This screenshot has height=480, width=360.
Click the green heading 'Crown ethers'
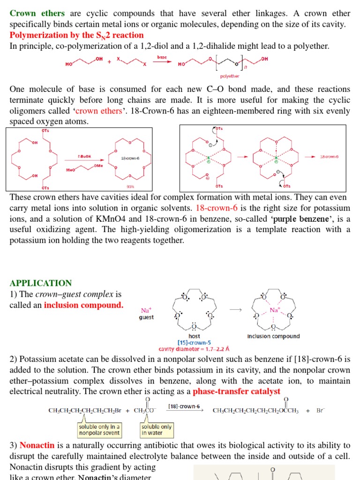pos(37,13)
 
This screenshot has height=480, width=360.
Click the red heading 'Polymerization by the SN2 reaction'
pos(77,35)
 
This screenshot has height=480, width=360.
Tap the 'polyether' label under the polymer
pos(229,76)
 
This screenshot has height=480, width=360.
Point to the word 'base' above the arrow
pos(162,57)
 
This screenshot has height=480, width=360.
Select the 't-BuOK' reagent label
pos(84,157)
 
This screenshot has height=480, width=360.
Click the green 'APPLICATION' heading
pos(41,283)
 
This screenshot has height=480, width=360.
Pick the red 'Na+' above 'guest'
pos(146,310)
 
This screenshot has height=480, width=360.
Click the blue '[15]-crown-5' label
pos(194,343)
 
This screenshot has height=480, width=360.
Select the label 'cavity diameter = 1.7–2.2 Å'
pos(194,349)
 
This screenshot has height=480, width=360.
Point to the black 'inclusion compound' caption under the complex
pos(273,336)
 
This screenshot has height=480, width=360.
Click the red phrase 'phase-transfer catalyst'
pos(237,391)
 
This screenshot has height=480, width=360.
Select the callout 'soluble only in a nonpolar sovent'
pos(99,429)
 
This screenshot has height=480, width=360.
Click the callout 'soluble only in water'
pos(156,429)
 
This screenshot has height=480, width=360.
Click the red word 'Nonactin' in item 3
pos(37,445)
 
